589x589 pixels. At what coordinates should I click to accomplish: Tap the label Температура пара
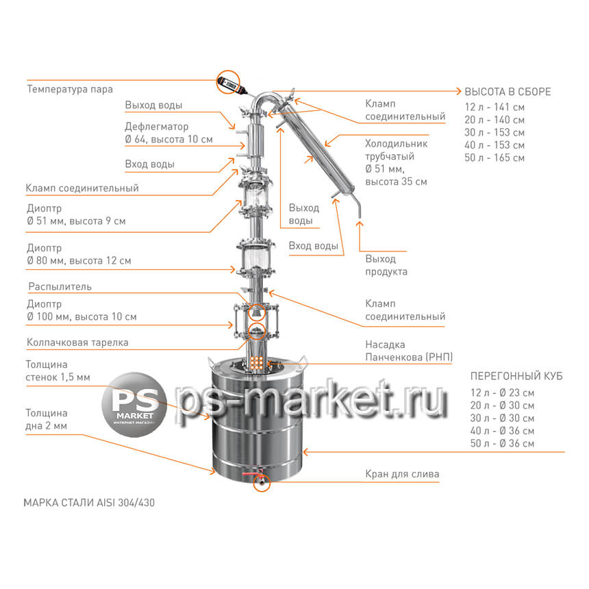[x=70, y=90]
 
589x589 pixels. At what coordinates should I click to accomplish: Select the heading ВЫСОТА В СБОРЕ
[x=507, y=92]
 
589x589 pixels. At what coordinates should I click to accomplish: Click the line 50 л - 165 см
[x=494, y=158]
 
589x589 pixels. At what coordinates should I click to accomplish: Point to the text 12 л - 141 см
[x=494, y=107]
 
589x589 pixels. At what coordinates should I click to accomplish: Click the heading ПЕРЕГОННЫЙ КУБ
[x=516, y=376]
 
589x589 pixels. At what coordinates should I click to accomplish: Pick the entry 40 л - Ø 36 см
[x=502, y=431]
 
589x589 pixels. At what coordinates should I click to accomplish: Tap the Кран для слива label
[x=402, y=474]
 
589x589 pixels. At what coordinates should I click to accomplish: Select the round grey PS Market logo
[x=134, y=405]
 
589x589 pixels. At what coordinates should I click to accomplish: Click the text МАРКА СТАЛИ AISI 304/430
[x=89, y=503]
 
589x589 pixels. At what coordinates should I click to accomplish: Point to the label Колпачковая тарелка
[x=77, y=342]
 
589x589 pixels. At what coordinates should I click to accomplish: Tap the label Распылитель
[x=60, y=286]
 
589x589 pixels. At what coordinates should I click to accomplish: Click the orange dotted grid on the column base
[x=257, y=362]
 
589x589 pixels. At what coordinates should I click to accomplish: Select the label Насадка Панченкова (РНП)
[x=409, y=351]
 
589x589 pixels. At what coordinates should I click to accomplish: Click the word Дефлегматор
[x=157, y=127]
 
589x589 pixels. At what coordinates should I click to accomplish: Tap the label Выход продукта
[x=386, y=265]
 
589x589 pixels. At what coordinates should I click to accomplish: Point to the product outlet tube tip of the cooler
[x=359, y=216]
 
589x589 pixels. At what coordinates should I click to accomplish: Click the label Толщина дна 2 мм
[x=47, y=419]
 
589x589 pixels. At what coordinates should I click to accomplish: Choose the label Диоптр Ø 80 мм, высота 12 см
[x=79, y=254]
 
